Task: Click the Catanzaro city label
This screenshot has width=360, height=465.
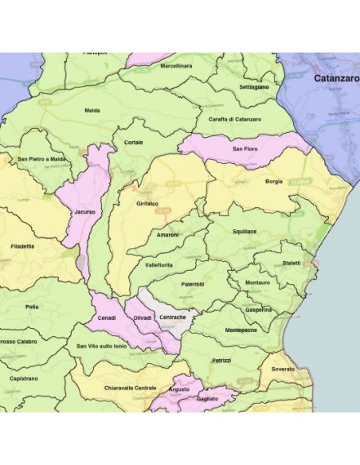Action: pyautogui.click(x=336, y=80)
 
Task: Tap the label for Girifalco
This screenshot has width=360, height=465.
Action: pyautogui.click(x=148, y=205)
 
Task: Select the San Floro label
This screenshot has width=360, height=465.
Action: pyautogui.click(x=244, y=149)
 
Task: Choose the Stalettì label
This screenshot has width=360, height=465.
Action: pyautogui.click(x=292, y=264)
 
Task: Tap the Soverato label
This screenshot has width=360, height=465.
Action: pyautogui.click(x=282, y=369)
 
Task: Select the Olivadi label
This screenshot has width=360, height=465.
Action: pyautogui.click(x=143, y=318)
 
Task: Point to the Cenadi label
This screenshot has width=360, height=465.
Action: pyautogui.click(x=107, y=318)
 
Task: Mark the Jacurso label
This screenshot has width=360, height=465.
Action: pyautogui.click(x=84, y=213)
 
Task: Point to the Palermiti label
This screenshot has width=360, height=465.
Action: pyautogui.click(x=192, y=284)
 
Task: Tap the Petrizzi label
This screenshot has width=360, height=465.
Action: pyautogui.click(x=221, y=361)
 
